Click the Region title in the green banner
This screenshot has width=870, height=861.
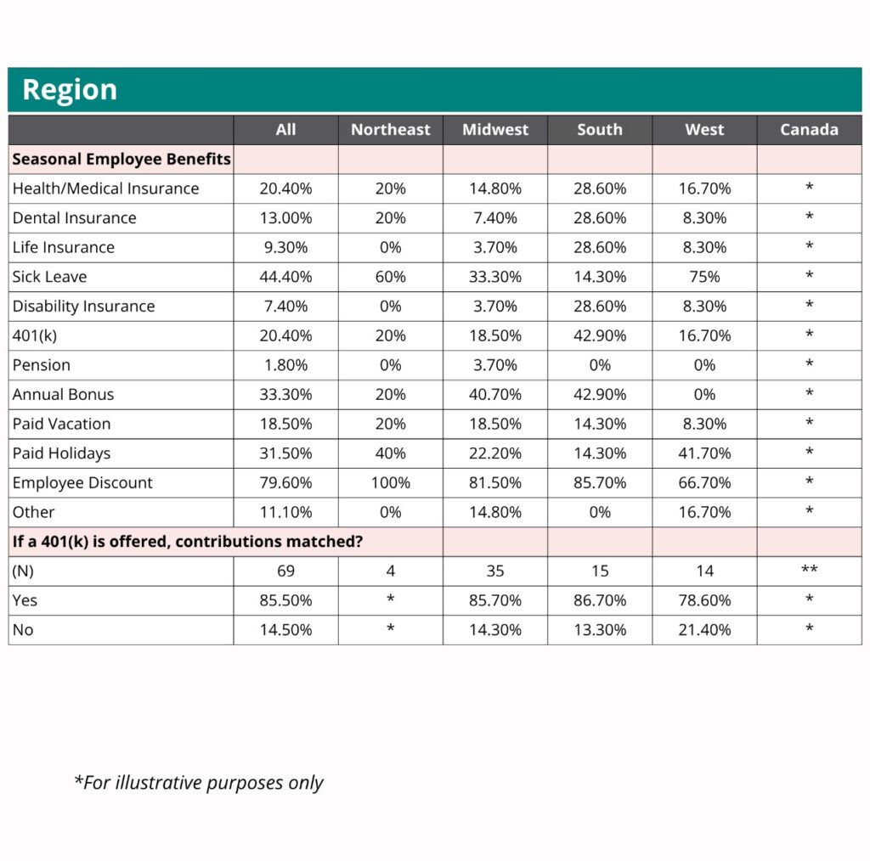tap(70, 90)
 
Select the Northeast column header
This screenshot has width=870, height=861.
tap(391, 130)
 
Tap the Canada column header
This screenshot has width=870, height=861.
tap(809, 130)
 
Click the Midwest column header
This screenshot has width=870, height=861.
tap(495, 130)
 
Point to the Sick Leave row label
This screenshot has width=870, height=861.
tap(49, 277)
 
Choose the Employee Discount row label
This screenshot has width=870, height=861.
tap(82, 483)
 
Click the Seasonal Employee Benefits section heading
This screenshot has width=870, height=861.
tap(121, 159)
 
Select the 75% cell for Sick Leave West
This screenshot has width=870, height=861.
tap(704, 277)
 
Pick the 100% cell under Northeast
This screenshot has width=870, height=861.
tap(391, 483)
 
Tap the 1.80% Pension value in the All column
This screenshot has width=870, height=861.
tap(285, 365)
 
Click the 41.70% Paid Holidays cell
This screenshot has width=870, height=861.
tap(704, 453)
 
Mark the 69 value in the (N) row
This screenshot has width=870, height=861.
tap(285, 571)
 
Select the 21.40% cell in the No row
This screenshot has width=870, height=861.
tap(704, 630)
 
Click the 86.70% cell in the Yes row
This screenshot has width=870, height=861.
tap(600, 600)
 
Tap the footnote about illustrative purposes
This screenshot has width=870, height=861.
tap(199, 782)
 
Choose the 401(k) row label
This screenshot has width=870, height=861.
tap(35, 335)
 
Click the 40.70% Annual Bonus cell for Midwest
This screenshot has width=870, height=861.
tap(495, 395)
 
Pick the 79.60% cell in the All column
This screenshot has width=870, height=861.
tap(285, 483)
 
